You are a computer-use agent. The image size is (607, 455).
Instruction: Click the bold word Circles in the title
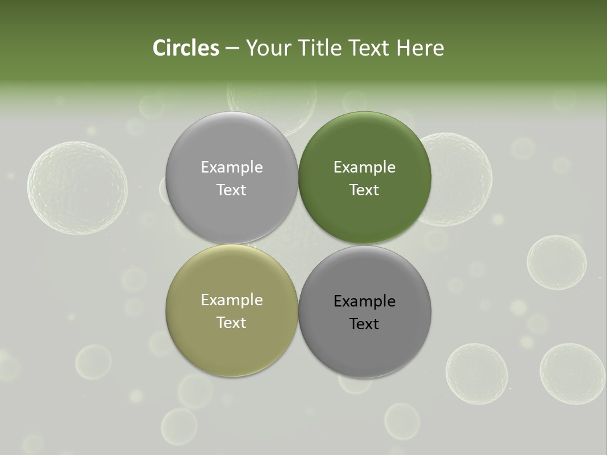[x=186, y=48]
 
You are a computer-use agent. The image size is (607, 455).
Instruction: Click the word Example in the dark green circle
[x=364, y=167]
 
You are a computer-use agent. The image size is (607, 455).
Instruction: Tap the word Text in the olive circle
[x=231, y=323]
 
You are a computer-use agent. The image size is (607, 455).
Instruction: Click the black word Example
[x=364, y=301]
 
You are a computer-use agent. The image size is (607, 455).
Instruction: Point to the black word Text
[x=364, y=324]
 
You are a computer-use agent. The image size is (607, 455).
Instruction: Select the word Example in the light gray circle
[x=231, y=167]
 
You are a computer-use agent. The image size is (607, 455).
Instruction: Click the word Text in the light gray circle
[x=231, y=190]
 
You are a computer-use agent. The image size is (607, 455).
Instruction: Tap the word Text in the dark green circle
[x=364, y=190]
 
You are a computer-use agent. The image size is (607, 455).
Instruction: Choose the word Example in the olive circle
[x=231, y=300]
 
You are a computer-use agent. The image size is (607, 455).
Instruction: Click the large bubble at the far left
[x=77, y=188]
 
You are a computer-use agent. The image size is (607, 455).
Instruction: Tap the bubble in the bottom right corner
[x=572, y=373]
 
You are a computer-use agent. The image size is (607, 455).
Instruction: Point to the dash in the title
[x=232, y=49]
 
